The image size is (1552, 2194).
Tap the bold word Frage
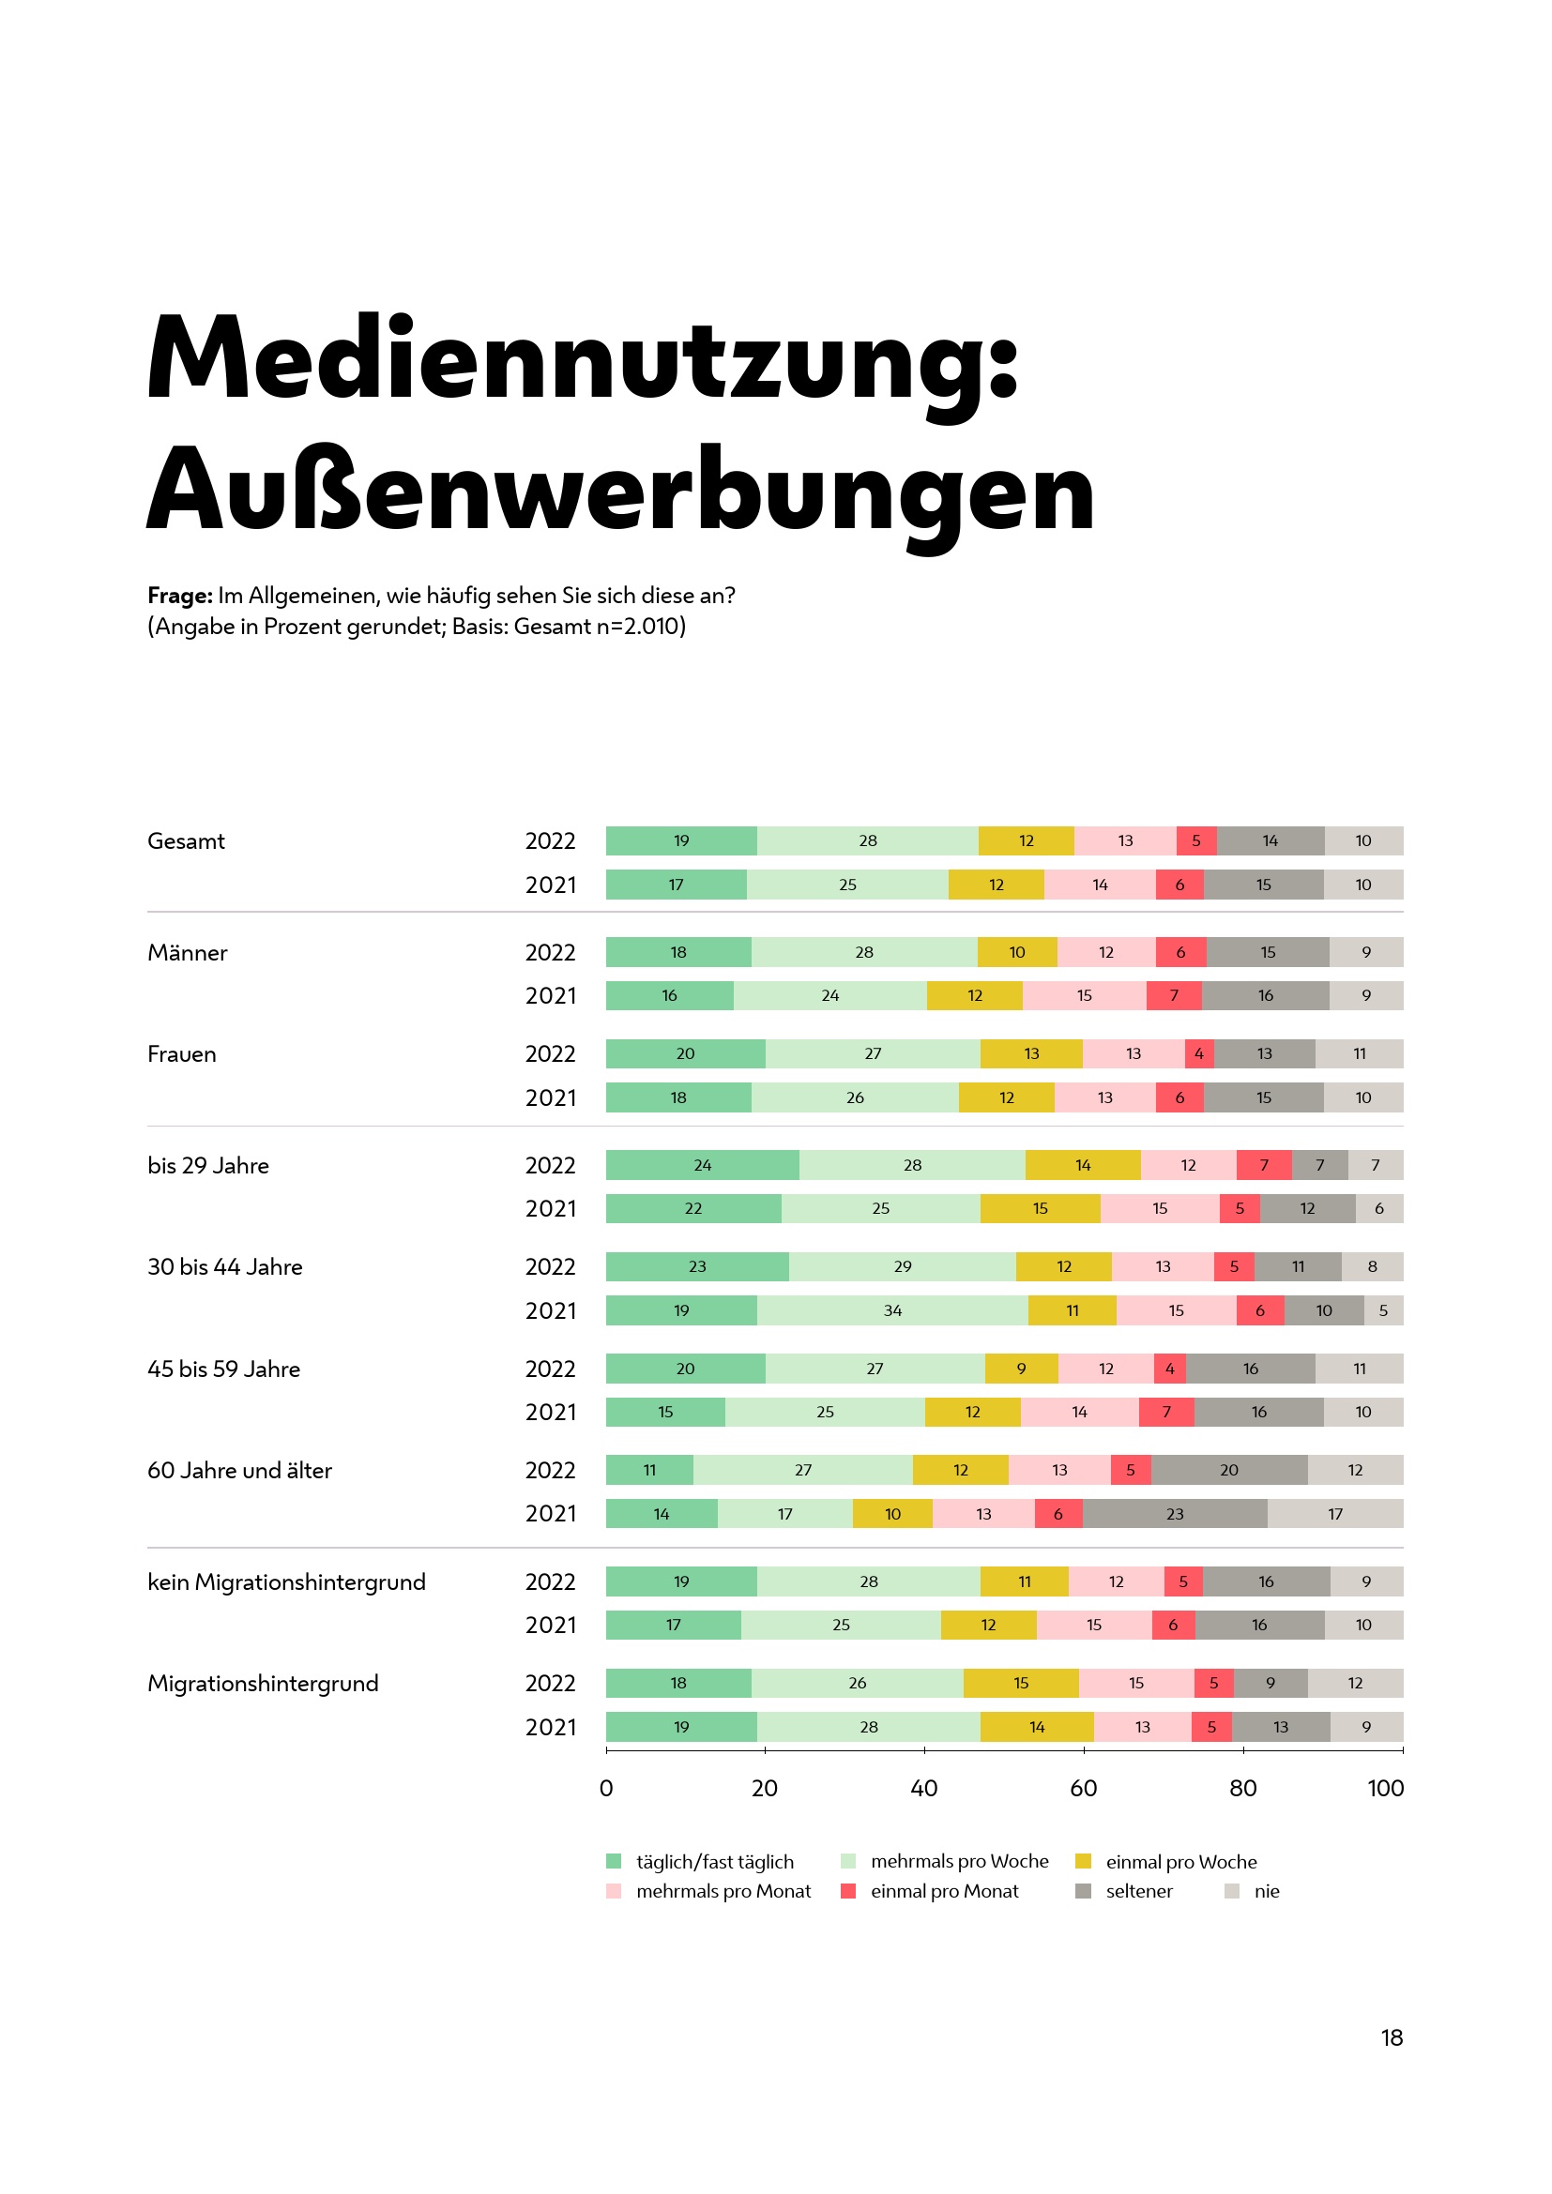pos(179,597)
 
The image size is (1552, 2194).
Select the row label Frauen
pos(182,1054)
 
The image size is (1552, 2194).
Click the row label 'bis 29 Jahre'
pos(208,1166)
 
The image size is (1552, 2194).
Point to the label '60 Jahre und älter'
pos(240,1471)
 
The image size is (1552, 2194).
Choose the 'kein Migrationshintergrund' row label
pos(287,1582)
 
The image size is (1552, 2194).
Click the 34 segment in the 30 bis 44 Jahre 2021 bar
pos(892,1311)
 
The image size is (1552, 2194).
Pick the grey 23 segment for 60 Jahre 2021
pos(1175,1515)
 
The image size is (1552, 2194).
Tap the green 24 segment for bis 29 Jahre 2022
pos(703,1166)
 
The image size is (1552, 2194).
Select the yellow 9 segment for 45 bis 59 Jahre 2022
pos(1021,1369)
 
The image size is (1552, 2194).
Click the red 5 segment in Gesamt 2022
pos(1195,840)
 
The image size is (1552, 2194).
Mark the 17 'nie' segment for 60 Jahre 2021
pos(1335,1515)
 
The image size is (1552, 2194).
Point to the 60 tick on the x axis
pos(1083,1789)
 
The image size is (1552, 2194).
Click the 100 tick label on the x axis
pos(1385,1789)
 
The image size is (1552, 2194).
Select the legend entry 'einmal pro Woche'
pos(1181,1863)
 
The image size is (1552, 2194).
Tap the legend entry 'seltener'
pos(1139,1892)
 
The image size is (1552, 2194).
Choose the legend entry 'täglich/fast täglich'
pos(715,1863)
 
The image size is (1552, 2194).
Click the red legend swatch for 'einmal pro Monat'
pos(847,1892)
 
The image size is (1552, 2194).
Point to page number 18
pos(1392,2038)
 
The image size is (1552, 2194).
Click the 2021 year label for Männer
pos(551,997)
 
